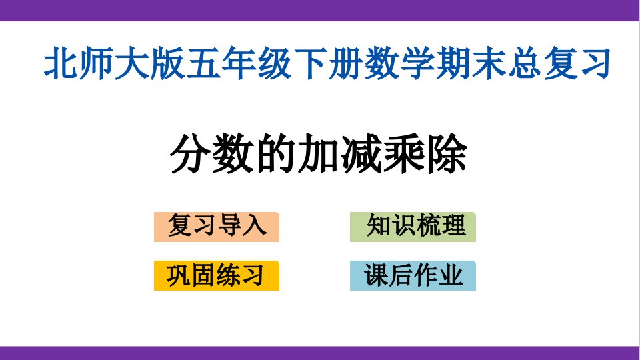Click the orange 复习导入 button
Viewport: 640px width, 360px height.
(x=216, y=227)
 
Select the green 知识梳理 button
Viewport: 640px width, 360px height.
(x=413, y=227)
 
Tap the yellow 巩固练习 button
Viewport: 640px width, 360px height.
(x=216, y=275)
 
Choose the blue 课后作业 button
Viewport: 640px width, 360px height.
(x=413, y=275)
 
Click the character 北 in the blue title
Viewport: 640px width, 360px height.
(x=61, y=63)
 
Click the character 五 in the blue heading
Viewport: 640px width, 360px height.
(x=204, y=63)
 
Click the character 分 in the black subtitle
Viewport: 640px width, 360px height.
(x=191, y=154)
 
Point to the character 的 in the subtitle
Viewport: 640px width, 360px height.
(x=277, y=154)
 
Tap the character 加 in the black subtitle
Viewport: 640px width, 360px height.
(x=319, y=154)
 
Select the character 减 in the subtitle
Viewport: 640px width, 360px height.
(x=361, y=154)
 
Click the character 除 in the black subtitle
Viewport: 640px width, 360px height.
(x=447, y=154)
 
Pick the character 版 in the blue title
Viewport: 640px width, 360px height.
(x=168, y=63)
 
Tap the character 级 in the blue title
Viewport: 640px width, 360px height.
(x=275, y=63)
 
